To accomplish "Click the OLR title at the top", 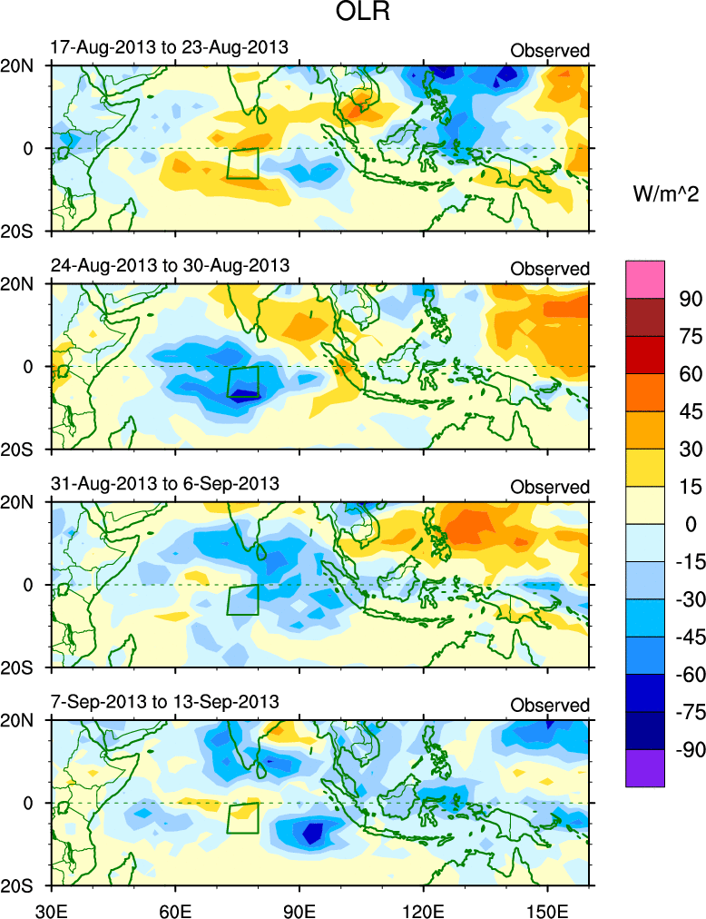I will [x=353, y=15].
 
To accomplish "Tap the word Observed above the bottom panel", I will [x=550, y=706].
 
